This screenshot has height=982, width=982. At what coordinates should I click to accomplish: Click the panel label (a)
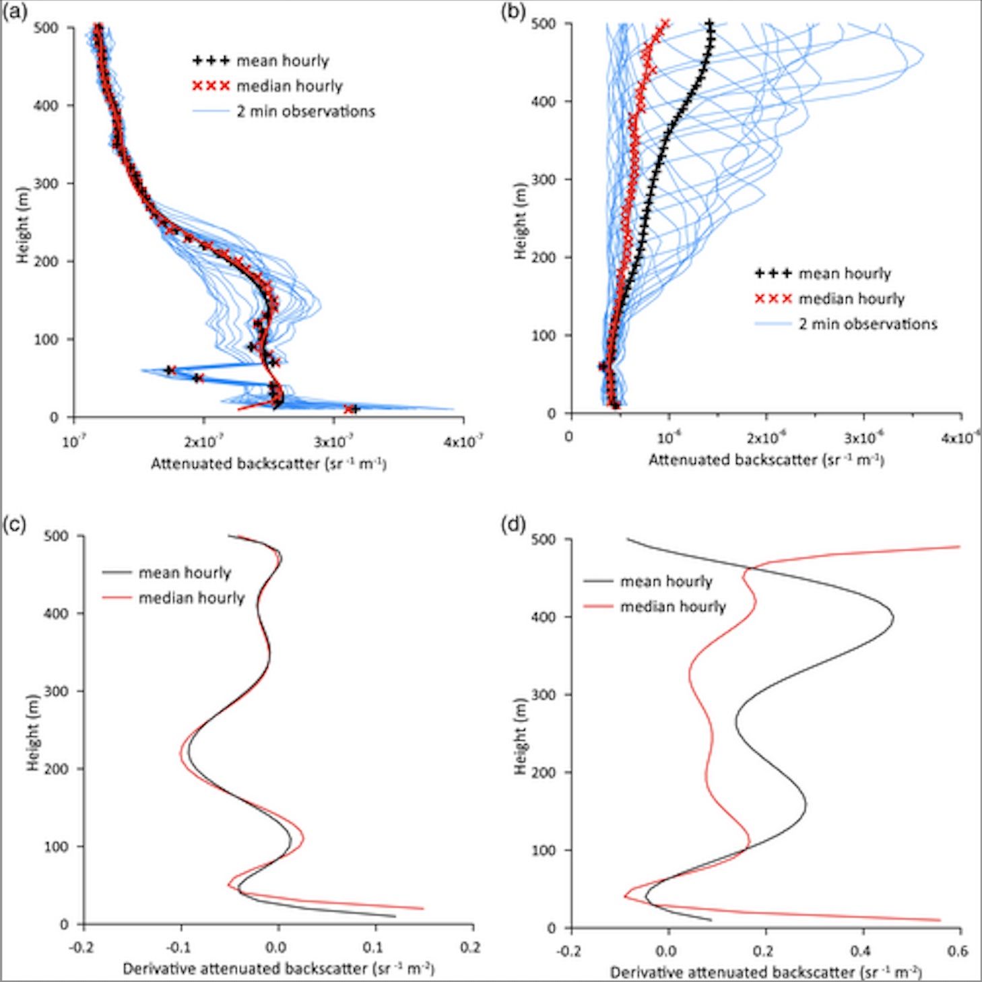coord(14,11)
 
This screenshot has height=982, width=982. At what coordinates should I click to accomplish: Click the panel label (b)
coord(513,11)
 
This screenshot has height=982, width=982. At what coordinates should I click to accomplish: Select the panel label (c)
coord(14,524)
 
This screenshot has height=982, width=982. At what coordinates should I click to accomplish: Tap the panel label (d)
coord(513,524)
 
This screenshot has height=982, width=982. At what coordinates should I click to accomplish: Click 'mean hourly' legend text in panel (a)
coord(282,61)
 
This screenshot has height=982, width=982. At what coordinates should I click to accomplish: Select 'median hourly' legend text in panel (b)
coord(851,299)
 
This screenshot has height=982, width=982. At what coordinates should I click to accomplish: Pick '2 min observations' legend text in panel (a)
coord(305,112)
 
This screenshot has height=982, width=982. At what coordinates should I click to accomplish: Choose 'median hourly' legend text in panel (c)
coord(191,598)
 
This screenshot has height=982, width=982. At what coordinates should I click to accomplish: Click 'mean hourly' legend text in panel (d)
coord(665,582)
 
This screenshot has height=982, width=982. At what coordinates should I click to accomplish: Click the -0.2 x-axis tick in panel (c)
coord(83,948)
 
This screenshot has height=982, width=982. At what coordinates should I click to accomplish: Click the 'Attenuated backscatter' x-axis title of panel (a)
coord(268,464)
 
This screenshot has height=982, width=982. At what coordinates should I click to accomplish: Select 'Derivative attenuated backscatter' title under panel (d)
coord(765,972)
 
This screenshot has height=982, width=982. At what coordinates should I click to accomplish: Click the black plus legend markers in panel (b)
coord(773,273)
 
